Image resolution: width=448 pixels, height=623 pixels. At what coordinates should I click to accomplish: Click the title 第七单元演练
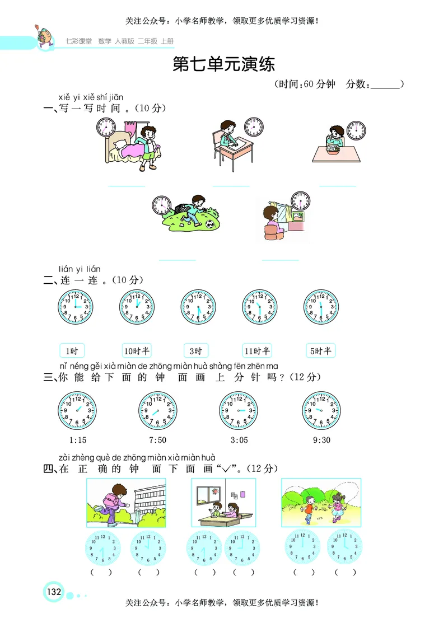click(x=224, y=64)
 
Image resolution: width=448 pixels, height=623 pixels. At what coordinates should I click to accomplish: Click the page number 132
click(x=54, y=592)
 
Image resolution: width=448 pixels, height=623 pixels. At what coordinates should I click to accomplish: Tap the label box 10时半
click(x=137, y=351)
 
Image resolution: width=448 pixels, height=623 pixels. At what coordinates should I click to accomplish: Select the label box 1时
click(x=72, y=351)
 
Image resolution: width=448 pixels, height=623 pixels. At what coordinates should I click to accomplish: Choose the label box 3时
click(x=196, y=351)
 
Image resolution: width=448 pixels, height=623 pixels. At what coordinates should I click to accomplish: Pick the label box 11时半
click(x=257, y=351)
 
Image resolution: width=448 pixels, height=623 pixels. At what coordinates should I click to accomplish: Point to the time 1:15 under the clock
click(x=77, y=439)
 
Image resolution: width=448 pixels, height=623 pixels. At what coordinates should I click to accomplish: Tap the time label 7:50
click(x=157, y=439)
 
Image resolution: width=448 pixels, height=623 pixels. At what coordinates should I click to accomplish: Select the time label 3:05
click(x=238, y=439)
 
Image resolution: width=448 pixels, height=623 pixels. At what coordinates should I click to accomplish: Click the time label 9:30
click(x=321, y=439)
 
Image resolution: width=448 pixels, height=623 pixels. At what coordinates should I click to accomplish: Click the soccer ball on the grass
click(x=209, y=224)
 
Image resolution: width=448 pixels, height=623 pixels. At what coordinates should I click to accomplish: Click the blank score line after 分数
click(x=386, y=85)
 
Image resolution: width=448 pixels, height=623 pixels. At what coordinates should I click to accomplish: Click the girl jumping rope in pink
click(x=337, y=507)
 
